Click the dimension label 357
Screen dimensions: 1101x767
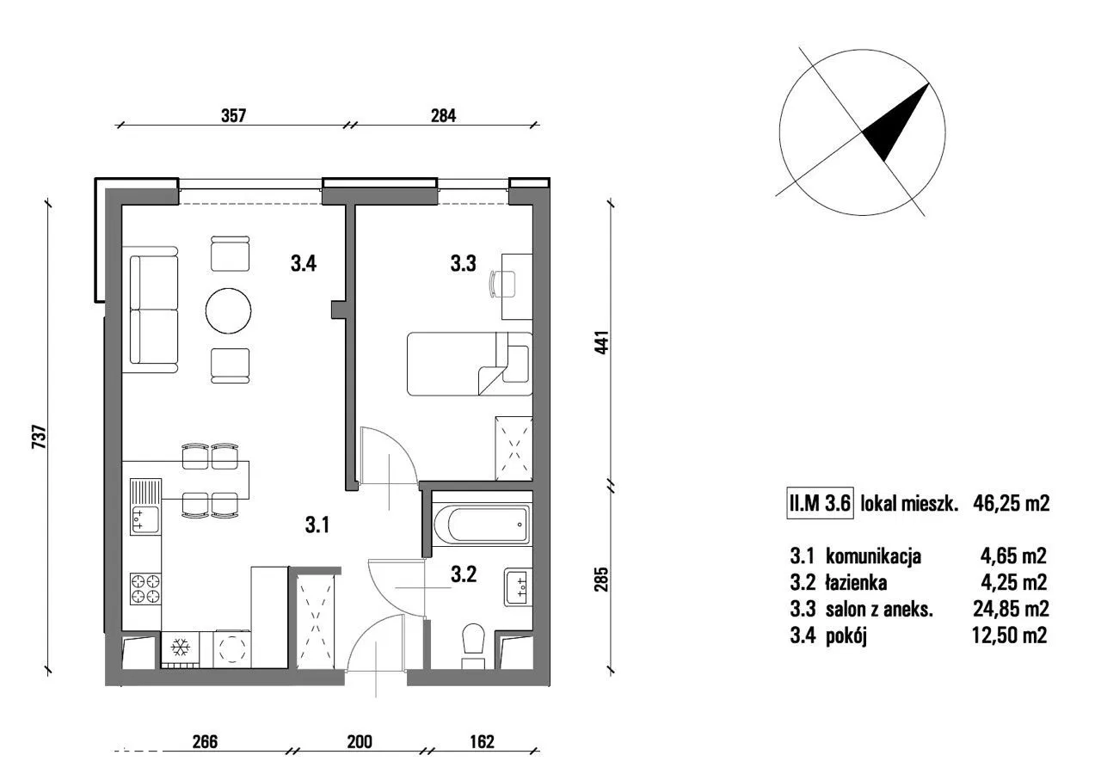click(233, 116)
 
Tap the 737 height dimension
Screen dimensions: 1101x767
click(39, 436)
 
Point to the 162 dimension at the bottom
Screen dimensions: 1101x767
click(482, 741)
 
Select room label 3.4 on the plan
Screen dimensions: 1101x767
click(304, 263)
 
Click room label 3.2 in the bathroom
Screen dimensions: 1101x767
click(463, 574)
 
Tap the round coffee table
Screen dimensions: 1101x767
click(229, 310)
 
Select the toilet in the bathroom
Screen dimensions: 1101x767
click(474, 646)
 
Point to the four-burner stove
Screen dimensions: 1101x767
click(145, 589)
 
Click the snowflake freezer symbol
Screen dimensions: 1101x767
click(181, 647)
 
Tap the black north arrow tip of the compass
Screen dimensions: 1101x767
click(928, 83)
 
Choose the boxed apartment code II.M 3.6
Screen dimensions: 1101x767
click(820, 503)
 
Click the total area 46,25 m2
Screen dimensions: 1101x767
click(1011, 503)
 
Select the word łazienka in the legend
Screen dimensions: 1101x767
click(856, 583)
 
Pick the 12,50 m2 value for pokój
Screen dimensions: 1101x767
click(1009, 635)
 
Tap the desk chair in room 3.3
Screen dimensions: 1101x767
click(502, 284)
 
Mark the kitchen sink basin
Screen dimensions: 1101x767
click(145, 519)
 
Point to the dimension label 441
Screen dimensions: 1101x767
click(601, 342)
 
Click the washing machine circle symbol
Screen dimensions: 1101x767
click(231, 649)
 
